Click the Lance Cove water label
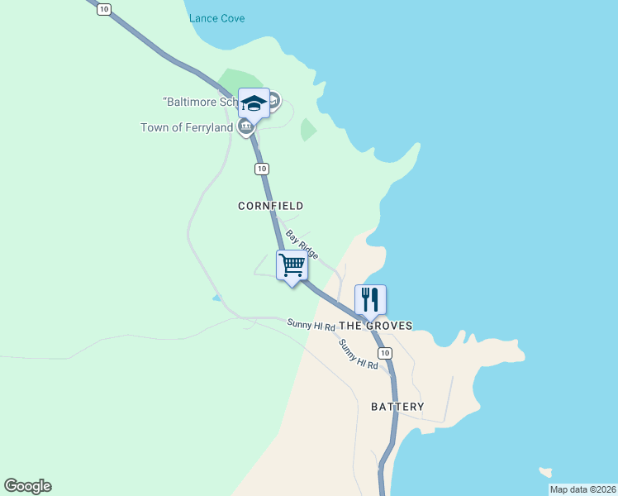pos(216,18)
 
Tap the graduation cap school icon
pos(254,103)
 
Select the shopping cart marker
pos(292,266)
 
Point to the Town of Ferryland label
pos(187,127)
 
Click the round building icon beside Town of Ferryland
pos(245,127)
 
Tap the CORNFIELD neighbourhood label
pos(270,206)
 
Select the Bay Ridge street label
pos(302,245)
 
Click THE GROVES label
pos(376,327)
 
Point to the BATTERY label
pos(397,407)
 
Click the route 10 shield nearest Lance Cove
pos(103,9)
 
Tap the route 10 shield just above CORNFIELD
pos(261,169)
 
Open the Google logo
pos(27,486)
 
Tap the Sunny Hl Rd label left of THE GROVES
pos(311,325)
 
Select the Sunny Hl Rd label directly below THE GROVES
pos(359,354)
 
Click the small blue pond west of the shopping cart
pos(216,298)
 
